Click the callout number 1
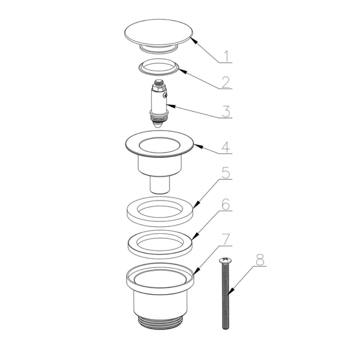click(x=226, y=56)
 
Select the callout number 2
click(x=225, y=82)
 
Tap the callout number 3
click(x=226, y=111)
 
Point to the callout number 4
click(x=226, y=147)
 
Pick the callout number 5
click(x=226, y=173)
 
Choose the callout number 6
click(x=226, y=204)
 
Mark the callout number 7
click(x=226, y=239)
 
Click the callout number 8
click(x=260, y=260)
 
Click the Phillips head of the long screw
click(x=225, y=260)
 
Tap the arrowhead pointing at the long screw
click(x=231, y=291)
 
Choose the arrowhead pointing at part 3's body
click(x=171, y=106)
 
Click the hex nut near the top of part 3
click(x=158, y=87)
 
